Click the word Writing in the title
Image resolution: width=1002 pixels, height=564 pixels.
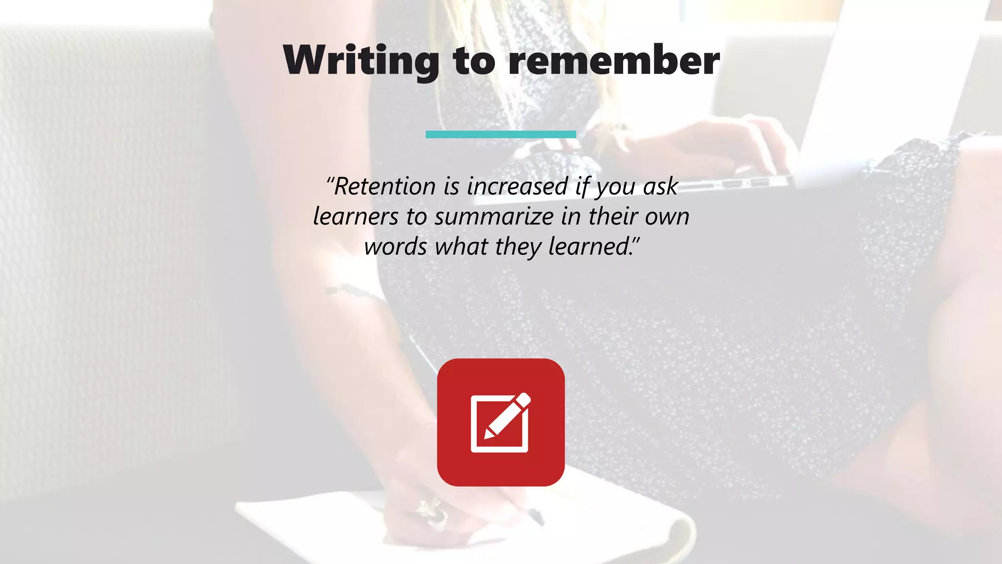(361, 60)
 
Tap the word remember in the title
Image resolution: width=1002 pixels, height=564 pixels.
(614, 60)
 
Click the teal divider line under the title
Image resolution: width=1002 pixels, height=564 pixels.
(501, 134)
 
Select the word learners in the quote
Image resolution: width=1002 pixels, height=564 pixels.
(356, 216)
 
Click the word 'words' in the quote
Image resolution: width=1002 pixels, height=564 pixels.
(395, 246)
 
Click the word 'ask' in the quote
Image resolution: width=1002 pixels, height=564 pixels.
(660, 187)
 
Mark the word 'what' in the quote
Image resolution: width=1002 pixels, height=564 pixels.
(461, 246)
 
